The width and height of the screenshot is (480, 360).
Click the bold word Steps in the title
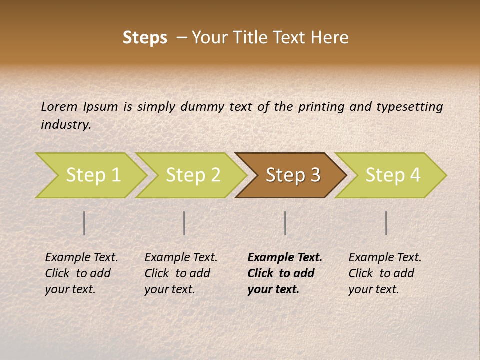click(x=145, y=38)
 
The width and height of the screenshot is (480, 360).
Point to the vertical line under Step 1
click(x=84, y=223)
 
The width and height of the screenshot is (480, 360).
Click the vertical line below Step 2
click(x=184, y=223)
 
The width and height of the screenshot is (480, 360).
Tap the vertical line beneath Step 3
click(x=285, y=223)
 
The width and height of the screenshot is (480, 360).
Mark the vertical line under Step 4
click(x=386, y=223)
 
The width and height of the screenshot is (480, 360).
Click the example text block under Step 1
click(x=81, y=273)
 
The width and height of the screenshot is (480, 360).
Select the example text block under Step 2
click(x=181, y=273)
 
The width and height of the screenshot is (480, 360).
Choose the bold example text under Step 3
click(x=285, y=273)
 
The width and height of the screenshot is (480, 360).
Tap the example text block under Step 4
click(x=385, y=273)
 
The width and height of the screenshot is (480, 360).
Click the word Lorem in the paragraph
click(x=59, y=107)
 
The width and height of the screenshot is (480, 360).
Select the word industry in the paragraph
click(x=65, y=125)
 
